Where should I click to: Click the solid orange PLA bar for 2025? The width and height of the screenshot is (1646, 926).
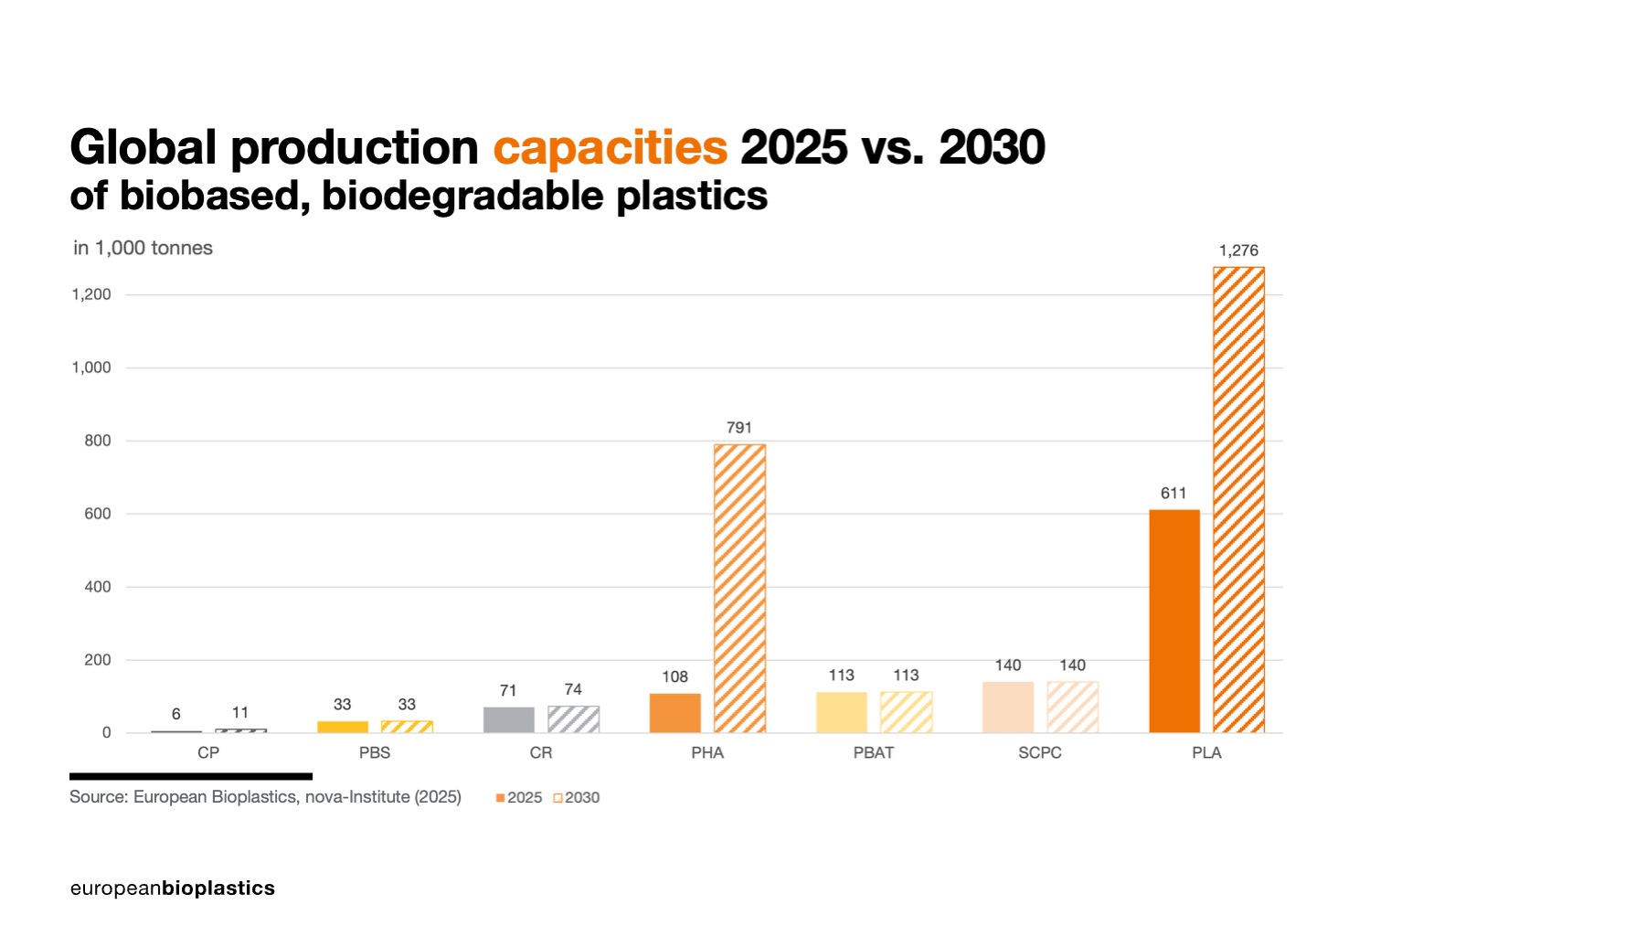coord(1174,621)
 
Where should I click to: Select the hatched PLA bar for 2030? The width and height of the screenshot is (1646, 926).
coord(1238,499)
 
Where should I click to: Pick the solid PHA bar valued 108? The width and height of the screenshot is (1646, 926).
coord(675,713)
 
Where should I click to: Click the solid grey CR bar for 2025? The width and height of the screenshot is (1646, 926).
coord(509,719)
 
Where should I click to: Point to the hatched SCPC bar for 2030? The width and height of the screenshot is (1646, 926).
coord(1072,707)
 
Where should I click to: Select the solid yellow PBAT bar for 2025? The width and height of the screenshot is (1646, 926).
coord(842,712)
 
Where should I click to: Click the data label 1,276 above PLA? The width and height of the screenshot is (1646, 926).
coord(1238,250)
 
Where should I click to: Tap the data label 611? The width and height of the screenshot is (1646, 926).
coord(1173,494)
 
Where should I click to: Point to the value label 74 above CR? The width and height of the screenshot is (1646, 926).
coord(573,689)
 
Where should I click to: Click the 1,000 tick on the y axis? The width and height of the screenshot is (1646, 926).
coord(91,367)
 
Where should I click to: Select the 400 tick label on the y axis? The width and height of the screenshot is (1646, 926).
coord(98,587)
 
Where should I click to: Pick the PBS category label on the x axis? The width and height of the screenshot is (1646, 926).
coord(375,752)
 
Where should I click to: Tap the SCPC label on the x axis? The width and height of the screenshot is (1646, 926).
coord(1040,752)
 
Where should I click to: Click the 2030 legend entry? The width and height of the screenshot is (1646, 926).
coord(577,798)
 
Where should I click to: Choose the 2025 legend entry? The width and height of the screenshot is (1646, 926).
coord(519,798)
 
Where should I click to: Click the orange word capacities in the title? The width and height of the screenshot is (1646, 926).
coord(610,147)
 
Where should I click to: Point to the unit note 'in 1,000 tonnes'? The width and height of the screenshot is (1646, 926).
coord(143,248)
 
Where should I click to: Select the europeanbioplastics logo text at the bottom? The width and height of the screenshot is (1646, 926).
coord(172,888)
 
